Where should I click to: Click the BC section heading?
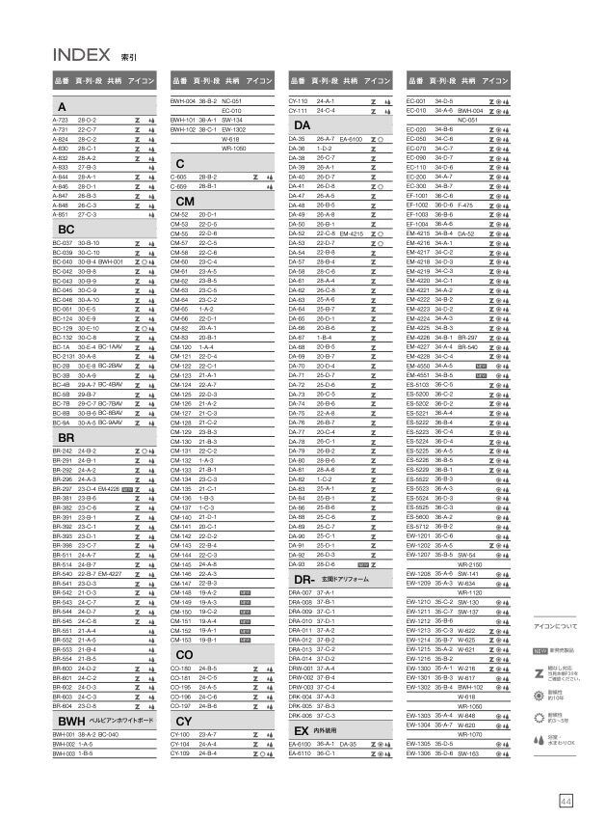coord(66,229)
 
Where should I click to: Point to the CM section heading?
coord(186,200)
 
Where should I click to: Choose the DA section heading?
coord(302,126)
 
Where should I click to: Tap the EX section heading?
coord(300,732)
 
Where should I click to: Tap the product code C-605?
coord(177,178)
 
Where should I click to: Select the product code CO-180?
coord(180,667)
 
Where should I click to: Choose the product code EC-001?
coord(416,99)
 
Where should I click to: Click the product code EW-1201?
coord(418,535)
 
